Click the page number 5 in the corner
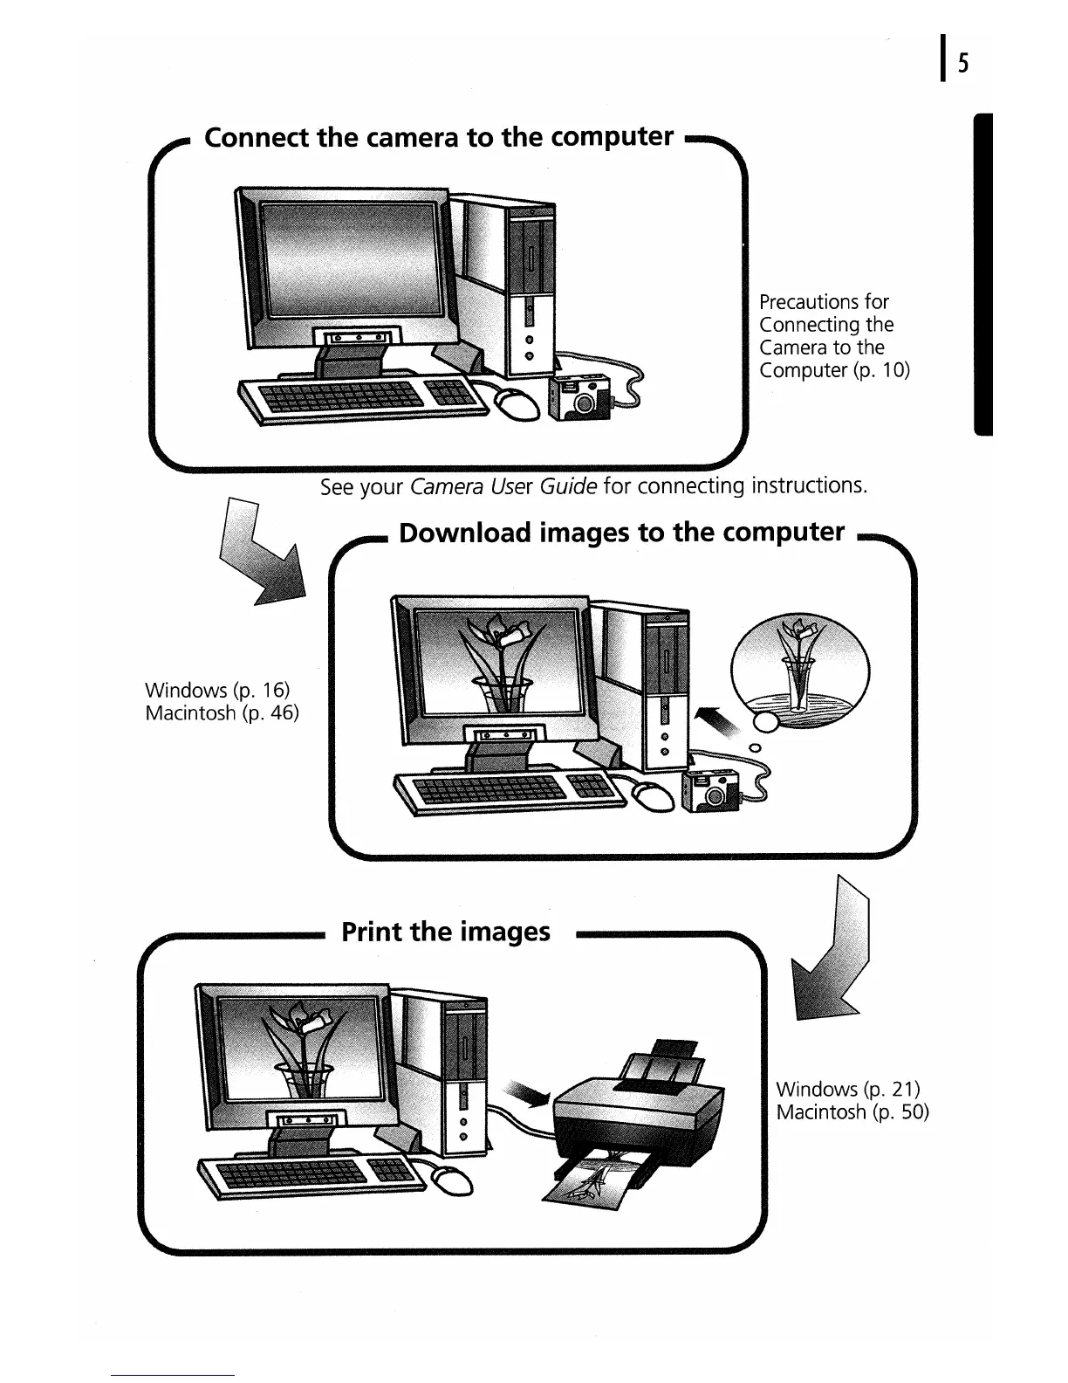pyautogui.click(x=963, y=64)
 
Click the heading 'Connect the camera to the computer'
pyautogui.click(x=438, y=138)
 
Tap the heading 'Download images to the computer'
pyautogui.click(x=621, y=533)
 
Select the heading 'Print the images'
pyautogui.click(x=446, y=932)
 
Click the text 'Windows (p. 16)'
pyautogui.click(x=217, y=691)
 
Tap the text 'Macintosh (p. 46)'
pyautogui.click(x=222, y=713)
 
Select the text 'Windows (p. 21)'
pyautogui.click(x=848, y=1089)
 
